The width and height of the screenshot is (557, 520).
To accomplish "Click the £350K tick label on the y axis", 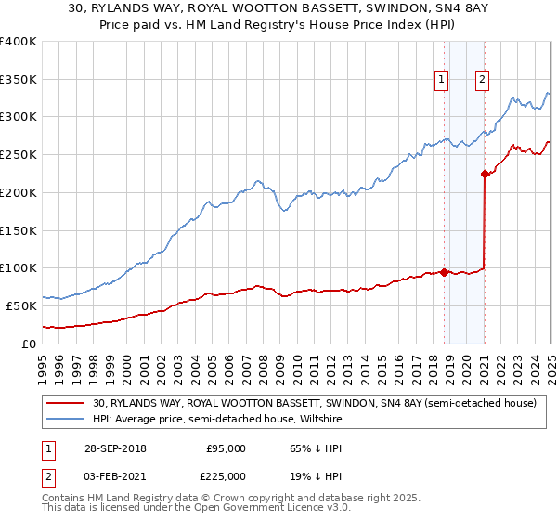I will (19, 80).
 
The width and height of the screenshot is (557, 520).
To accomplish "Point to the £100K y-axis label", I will (19, 268).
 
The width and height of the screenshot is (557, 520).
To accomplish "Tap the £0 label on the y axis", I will (28, 344).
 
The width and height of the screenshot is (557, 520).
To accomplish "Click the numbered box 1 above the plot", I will (443, 80).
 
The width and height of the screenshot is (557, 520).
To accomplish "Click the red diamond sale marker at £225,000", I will (485, 174).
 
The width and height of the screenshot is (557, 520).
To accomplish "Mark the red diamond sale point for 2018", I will (444, 272).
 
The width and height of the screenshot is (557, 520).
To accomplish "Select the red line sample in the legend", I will (66, 404).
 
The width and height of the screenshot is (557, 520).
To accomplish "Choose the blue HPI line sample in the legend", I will (66, 419).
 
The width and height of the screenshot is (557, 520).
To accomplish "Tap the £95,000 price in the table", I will (226, 448).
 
